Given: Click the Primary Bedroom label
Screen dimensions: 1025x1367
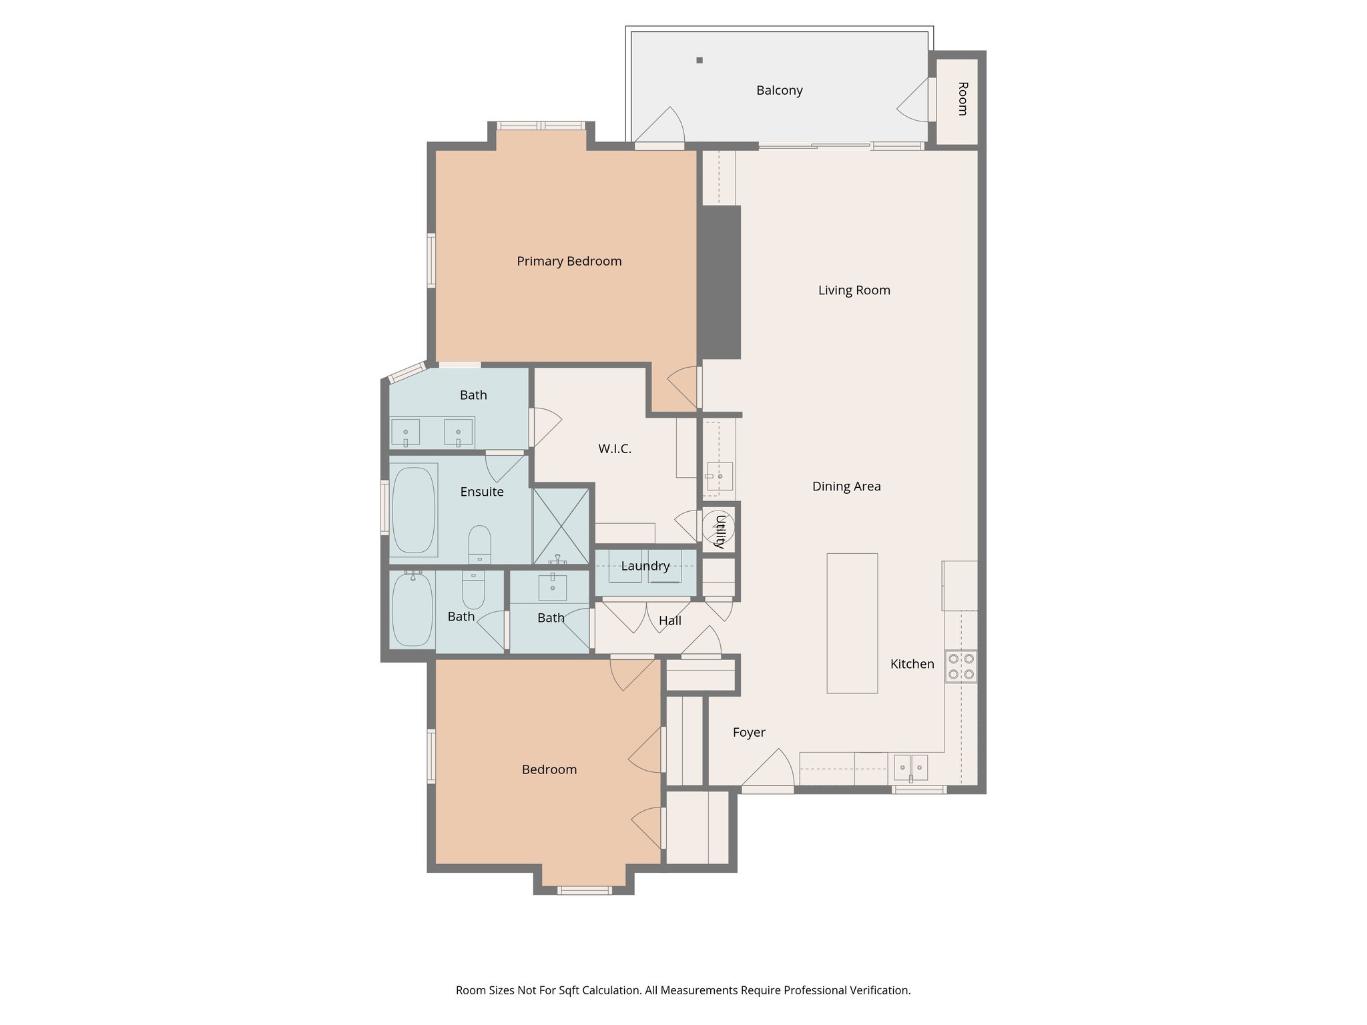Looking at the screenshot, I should [569, 262].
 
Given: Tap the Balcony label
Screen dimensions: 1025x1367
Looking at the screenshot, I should [779, 91].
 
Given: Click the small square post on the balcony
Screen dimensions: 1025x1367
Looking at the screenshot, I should [700, 60].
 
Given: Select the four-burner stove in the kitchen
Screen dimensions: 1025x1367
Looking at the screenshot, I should [961, 666].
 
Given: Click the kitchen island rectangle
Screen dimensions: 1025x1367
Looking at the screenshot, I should [852, 623].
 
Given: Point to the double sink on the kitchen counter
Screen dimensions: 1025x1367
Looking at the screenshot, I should [910, 767].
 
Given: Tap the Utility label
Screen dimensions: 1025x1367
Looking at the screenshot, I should [720, 531].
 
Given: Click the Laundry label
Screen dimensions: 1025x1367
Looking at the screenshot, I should [645, 567].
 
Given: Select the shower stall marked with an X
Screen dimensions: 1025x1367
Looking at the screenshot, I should [561, 527].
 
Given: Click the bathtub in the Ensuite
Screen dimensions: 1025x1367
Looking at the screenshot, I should [413, 510].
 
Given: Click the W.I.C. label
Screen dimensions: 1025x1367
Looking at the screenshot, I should [615, 449].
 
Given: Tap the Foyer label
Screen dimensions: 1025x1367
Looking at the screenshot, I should [748, 733].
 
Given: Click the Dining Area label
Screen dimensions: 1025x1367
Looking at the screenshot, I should [846, 486].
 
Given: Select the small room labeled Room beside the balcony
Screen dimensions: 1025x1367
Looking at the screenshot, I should [956, 100].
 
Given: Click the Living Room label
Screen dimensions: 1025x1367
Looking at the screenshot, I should [854, 290].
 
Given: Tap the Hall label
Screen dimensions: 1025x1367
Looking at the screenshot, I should [669, 621].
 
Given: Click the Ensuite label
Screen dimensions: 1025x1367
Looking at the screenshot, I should [482, 492].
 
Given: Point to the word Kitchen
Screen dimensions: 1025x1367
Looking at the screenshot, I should [912, 664].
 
